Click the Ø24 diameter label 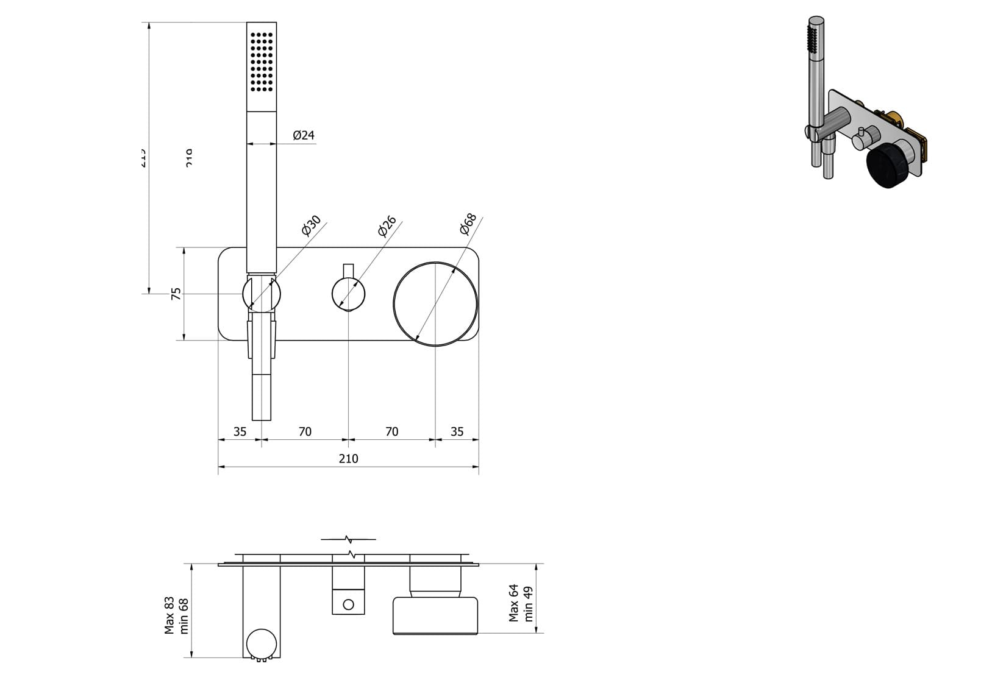pyautogui.click(x=304, y=135)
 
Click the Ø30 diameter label pyautogui.click(x=311, y=225)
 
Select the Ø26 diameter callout pyautogui.click(x=387, y=225)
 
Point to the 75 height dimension pyautogui.click(x=176, y=294)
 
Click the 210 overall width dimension pyautogui.click(x=348, y=458)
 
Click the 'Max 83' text pyautogui.click(x=169, y=615)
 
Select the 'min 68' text pyautogui.click(x=184, y=615)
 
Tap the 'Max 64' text pyautogui.click(x=514, y=603)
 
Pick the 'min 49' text pyautogui.click(x=528, y=603)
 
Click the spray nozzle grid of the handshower pyautogui.click(x=262, y=62)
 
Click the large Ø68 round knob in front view pyautogui.click(x=435, y=304)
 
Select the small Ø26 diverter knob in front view pyautogui.click(x=348, y=294)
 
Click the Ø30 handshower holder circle pyautogui.click(x=262, y=294)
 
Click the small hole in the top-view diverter pyautogui.click(x=348, y=604)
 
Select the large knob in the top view pyautogui.click(x=435, y=616)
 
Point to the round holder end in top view pyautogui.click(x=262, y=643)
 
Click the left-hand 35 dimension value pyautogui.click(x=240, y=431)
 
